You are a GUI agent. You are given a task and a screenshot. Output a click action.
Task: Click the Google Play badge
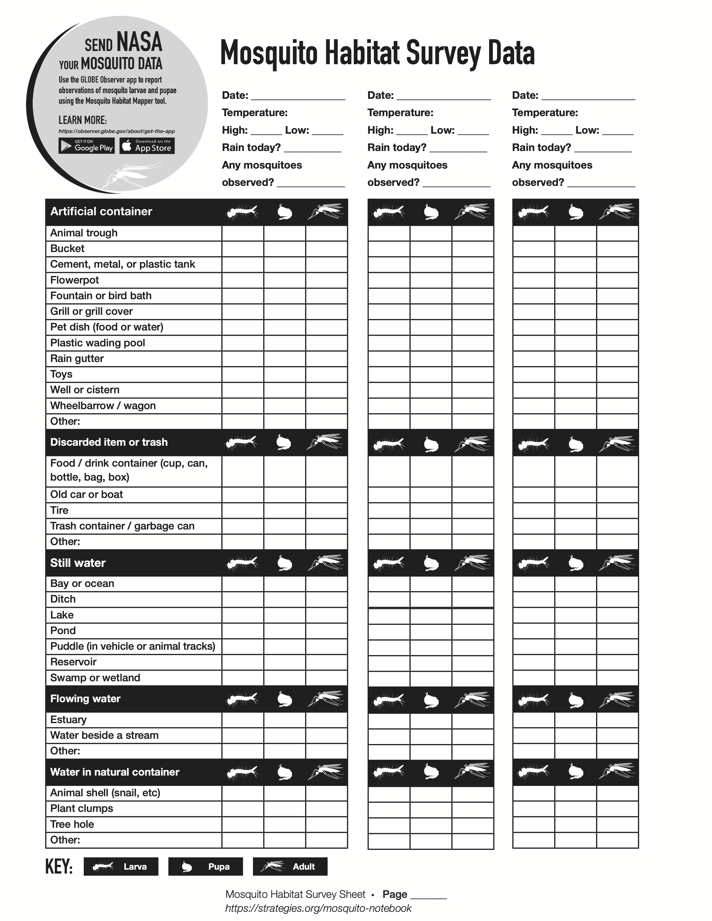87,146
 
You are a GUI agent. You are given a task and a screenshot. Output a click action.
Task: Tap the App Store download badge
147,146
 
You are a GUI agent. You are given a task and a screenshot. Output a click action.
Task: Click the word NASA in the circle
139,42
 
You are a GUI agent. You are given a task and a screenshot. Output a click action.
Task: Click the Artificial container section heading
101,212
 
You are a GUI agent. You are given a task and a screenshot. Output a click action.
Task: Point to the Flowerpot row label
75,280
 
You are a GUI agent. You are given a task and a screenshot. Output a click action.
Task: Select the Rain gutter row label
77,358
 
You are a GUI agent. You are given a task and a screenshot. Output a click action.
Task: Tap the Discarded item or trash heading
109,442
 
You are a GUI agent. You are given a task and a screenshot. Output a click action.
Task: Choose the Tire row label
59,510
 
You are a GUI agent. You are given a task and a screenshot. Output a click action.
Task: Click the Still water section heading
78,563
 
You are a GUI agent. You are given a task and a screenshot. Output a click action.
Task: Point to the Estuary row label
68,719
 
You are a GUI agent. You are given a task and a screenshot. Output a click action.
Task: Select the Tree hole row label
72,824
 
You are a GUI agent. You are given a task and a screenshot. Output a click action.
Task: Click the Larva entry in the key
121,867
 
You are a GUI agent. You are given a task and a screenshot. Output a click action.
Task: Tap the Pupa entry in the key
206,867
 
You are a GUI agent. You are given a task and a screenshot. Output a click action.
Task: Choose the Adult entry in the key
290,867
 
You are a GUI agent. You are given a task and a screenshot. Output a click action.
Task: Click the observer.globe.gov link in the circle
116,131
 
